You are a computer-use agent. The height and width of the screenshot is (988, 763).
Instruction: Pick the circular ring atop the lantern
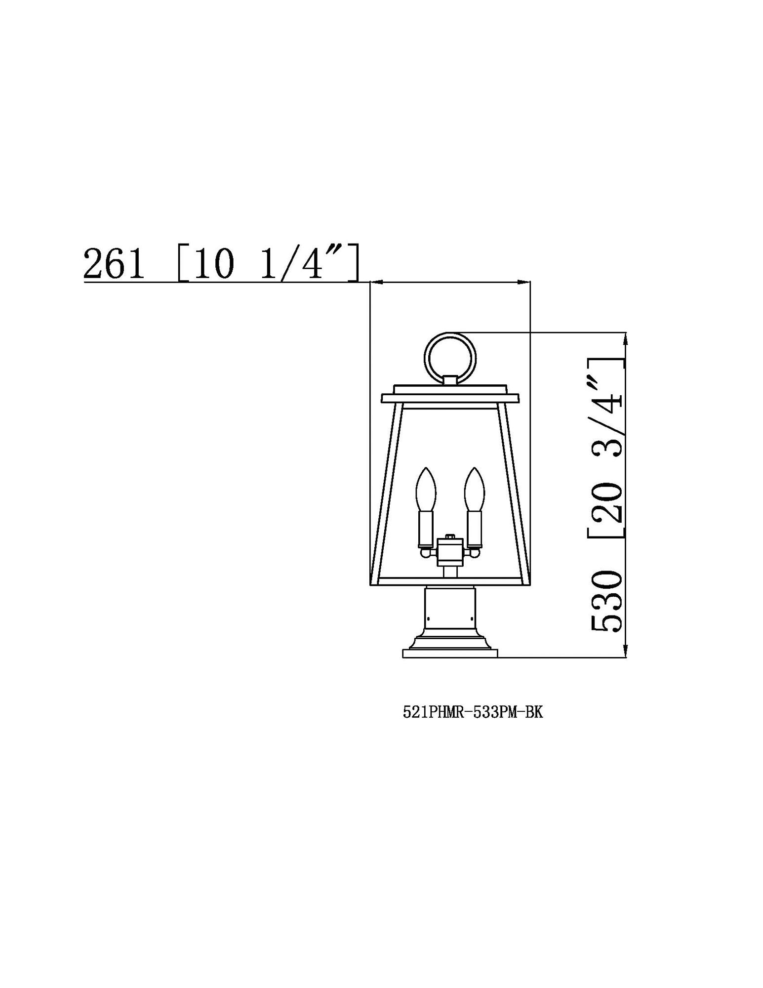pos(450,355)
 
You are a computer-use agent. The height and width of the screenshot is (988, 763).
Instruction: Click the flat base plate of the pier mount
pos(450,654)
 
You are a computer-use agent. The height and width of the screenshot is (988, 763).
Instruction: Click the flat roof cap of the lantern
pos(450,398)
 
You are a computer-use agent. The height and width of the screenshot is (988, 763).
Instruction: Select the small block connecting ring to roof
pos(450,380)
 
